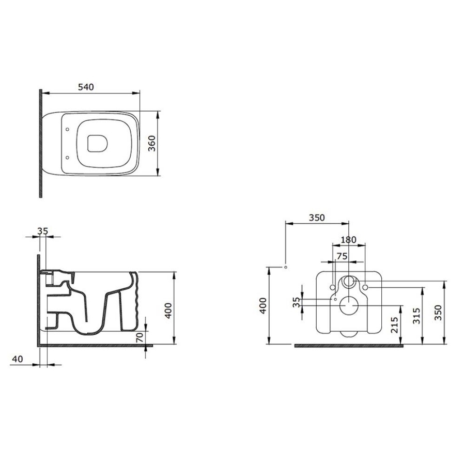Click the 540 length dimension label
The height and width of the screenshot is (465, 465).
coord(86,87)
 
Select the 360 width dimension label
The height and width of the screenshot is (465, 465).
coord(151,143)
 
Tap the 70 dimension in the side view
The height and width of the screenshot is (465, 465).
coord(139,337)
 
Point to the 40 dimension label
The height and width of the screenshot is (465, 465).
coord(17,359)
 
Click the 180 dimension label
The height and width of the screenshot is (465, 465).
coord(348,240)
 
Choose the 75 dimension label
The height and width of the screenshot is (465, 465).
coord(342,256)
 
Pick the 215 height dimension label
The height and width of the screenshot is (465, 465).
coord(394,325)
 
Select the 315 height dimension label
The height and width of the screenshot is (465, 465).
coord(416,316)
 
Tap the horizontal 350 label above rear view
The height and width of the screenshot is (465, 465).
coord(317,218)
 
